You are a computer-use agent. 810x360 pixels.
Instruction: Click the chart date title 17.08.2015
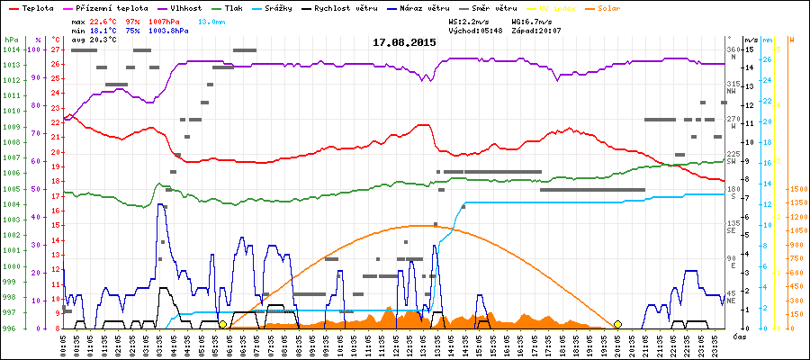404,42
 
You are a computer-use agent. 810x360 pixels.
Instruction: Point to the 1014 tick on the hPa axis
11,49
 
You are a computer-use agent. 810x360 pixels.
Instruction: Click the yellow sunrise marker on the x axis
222,324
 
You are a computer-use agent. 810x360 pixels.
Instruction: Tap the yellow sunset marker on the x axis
617,324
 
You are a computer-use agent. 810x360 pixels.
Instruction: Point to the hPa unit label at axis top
11,40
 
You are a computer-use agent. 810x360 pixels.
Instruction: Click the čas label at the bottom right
738,336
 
